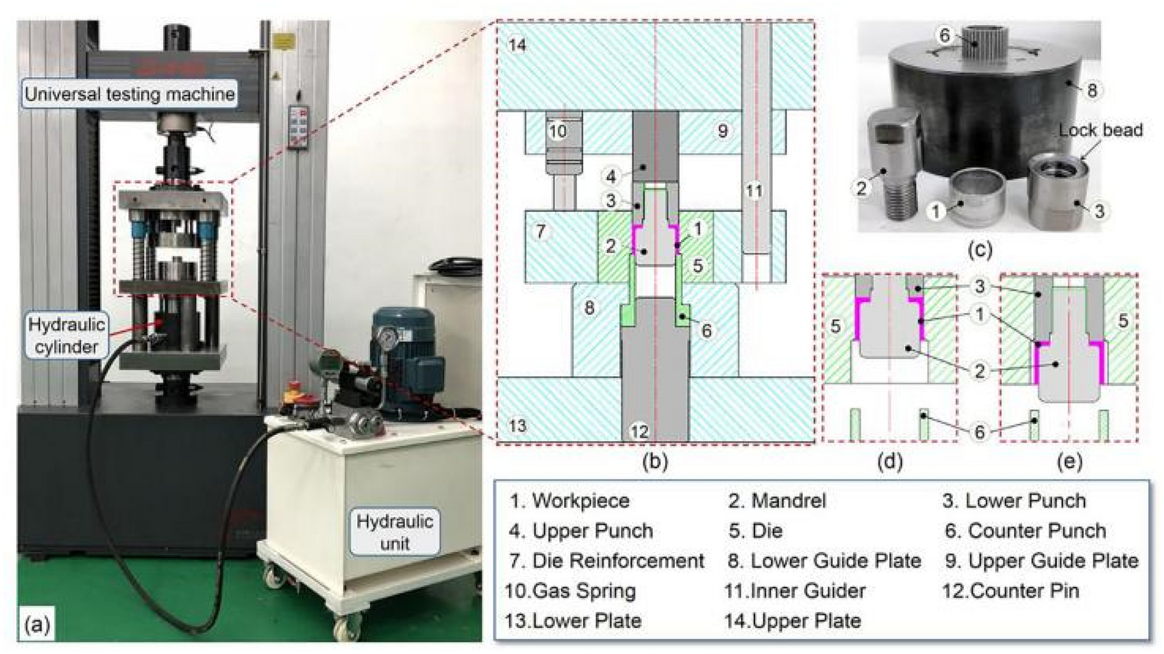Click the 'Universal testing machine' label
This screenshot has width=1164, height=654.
[x=130, y=94]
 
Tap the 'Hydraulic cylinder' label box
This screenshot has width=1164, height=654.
[x=66, y=336]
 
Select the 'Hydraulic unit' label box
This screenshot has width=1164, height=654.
[x=395, y=532]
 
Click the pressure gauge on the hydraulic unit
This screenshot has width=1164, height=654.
[x=388, y=338]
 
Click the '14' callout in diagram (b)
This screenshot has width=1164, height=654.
[x=518, y=45]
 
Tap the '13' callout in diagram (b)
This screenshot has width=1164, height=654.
[x=518, y=425]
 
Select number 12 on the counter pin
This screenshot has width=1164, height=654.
[x=639, y=431]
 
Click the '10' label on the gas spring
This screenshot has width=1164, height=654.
[x=558, y=131]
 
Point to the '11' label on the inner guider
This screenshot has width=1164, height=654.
[x=754, y=191]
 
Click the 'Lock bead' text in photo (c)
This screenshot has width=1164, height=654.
[x=1100, y=130]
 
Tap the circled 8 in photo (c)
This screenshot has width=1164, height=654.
[x=1092, y=90]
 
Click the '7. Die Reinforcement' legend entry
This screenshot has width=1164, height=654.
[x=606, y=561]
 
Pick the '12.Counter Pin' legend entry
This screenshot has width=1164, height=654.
[x=1011, y=591]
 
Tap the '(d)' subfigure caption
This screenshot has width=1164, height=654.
[x=889, y=462]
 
